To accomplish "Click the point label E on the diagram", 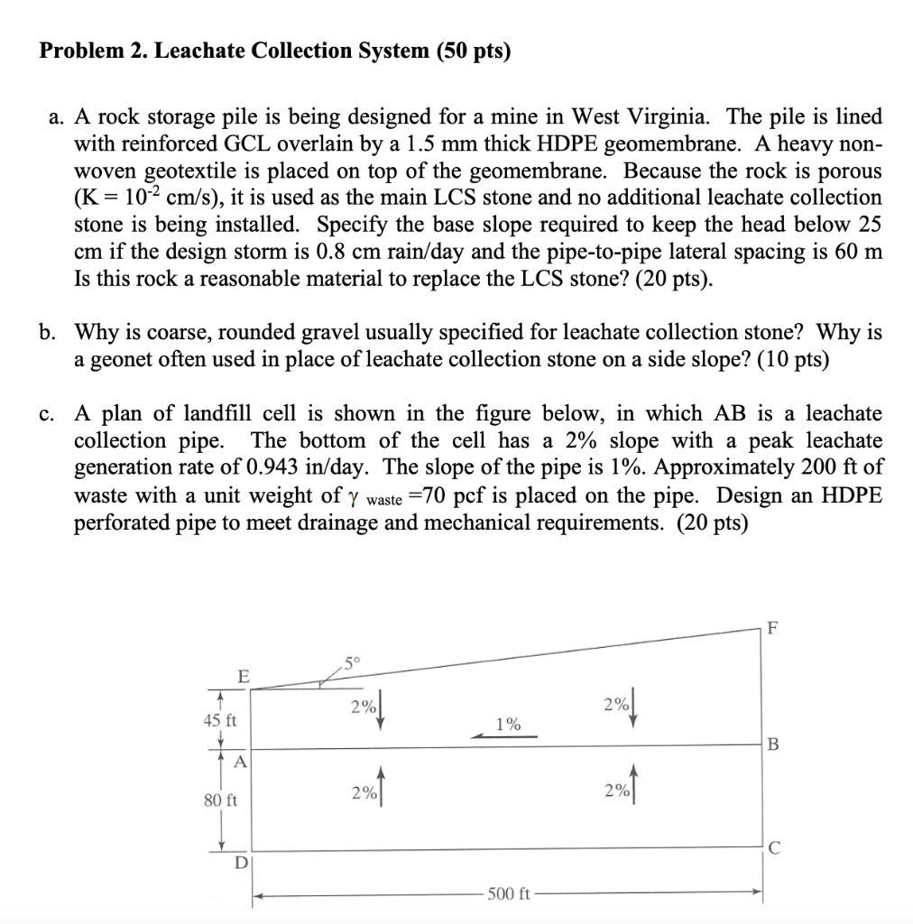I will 241,675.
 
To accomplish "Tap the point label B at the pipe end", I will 770,744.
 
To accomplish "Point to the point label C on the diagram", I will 770,846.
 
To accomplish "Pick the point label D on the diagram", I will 241,863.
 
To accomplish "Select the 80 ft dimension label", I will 219,799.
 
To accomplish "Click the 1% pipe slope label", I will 508,723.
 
